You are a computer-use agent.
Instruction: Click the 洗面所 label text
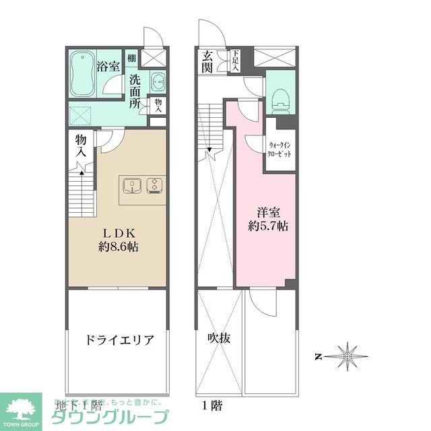click(135, 92)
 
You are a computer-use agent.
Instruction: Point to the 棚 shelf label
click(132, 59)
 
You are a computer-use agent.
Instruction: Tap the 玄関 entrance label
click(207, 62)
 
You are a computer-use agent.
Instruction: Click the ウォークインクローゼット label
click(280, 150)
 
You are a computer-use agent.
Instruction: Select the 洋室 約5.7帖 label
click(268, 218)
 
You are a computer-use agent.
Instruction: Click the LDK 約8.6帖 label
click(117, 238)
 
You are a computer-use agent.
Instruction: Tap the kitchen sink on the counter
click(131, 185)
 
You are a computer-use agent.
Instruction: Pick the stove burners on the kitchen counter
click(156, 185)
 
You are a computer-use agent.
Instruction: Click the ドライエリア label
click(119, 339)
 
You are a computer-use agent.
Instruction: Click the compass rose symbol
click(347, 354)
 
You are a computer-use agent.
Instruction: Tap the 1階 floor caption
click(211, 407)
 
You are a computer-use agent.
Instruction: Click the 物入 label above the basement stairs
click(81, 145)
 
